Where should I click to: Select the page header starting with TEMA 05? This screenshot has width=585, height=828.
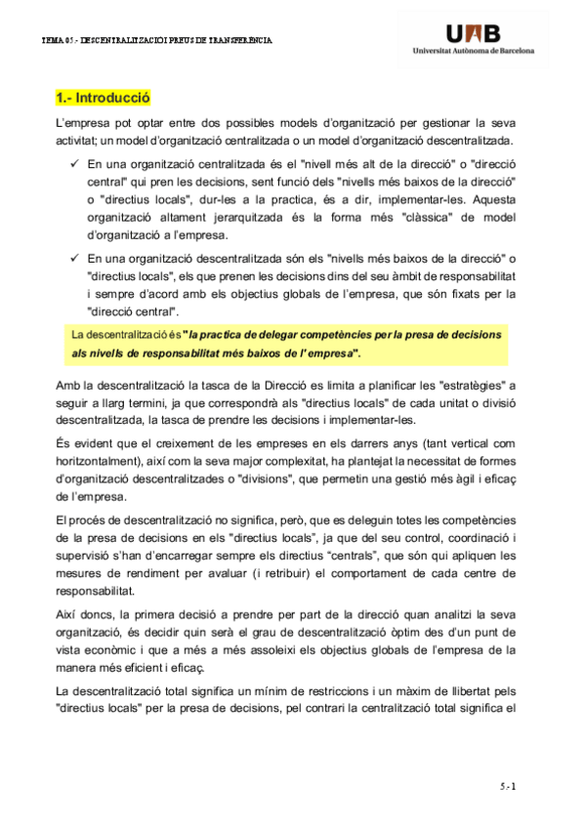[x=156, y=41]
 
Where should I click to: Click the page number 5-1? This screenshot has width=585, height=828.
[x=506, y=784]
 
